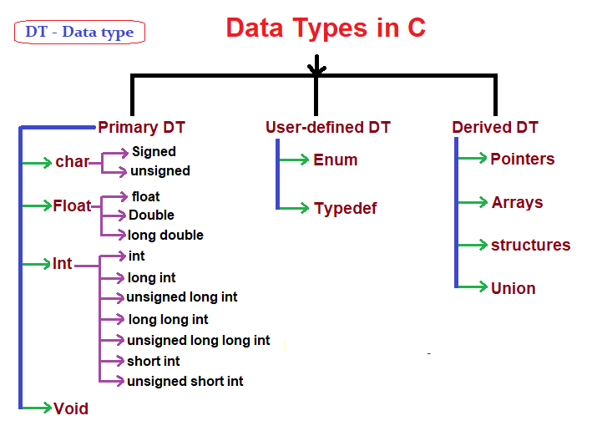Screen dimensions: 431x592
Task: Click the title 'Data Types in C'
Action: [326, 28]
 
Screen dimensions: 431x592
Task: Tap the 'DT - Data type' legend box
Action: [79, 33]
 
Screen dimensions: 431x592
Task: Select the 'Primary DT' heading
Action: [141, 128]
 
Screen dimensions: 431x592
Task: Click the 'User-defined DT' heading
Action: [327, 128]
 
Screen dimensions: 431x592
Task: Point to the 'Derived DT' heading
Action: [495, 128]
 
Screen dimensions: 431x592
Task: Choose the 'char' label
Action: [72, 162]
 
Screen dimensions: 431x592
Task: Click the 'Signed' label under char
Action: [154, 152]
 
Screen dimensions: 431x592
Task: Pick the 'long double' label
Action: [166, 235]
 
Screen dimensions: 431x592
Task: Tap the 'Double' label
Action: [151, 215]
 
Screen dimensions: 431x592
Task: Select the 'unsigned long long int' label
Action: [199, 340]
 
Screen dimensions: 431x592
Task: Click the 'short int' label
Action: [154, 361]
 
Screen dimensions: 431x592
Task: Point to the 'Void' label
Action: [71, 408]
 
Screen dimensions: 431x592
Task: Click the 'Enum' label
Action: [336, 160]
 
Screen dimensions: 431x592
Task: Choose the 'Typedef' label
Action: [345, 209]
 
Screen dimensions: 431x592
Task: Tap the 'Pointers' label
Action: [523, 159]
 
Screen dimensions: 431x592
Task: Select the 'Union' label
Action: [514, 288]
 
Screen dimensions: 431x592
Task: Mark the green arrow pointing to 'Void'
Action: [36, 408]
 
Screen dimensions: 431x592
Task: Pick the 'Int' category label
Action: [63, 264]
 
